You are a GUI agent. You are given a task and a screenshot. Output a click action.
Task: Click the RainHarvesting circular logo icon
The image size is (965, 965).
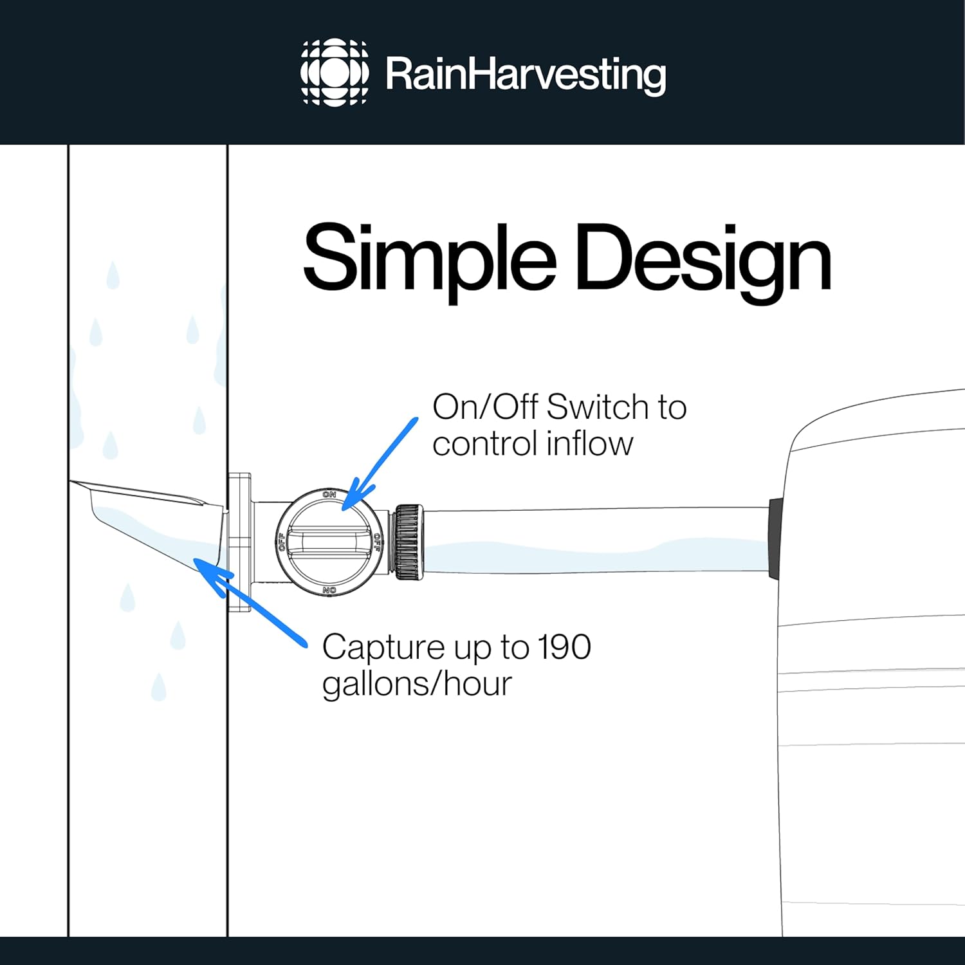[x=335, y=72]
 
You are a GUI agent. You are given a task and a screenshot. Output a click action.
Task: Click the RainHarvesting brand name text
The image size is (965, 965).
[x=526, y=75]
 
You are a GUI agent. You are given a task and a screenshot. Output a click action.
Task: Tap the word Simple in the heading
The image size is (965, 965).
[x=430, y=260]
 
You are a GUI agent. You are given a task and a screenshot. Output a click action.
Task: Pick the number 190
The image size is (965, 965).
[x=564, y=647]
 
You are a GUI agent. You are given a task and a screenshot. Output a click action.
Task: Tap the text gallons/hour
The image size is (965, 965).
[x=417, y=685]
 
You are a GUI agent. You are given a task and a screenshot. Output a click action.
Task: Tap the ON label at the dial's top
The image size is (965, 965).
[x=329, y=494]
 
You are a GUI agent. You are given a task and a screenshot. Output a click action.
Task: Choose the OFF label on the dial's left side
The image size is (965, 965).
[x=281, y=542]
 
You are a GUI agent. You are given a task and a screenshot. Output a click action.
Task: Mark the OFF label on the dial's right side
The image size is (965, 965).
[x=377, y=542]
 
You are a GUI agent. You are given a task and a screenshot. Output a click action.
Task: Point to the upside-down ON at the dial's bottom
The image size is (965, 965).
[x=329, y=590]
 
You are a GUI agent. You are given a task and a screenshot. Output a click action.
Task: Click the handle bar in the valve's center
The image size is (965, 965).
[x=329, y=542]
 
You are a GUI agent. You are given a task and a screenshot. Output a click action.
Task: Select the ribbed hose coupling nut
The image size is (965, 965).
[x=409, y=542]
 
